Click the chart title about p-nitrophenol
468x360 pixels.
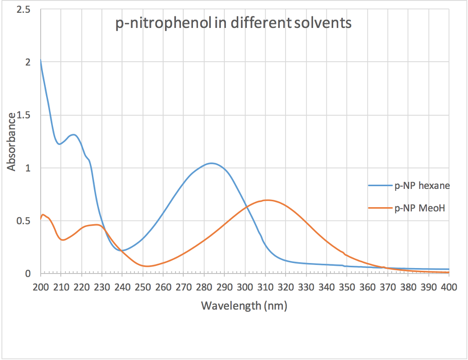[x=233, y=22]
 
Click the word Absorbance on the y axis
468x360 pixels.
[x=11, y=141]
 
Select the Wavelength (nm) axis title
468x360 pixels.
[x=244, y=305]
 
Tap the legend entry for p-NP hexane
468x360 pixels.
[x=422, y=185]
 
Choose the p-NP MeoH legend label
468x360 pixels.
[x=420, y=208]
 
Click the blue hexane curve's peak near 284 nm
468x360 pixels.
[x=212, y=163]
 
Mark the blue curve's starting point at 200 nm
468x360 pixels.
[x=41, y=60]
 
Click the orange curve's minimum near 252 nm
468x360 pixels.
[x=146, y=266]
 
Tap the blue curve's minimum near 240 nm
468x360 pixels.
[x=122, y=251]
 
